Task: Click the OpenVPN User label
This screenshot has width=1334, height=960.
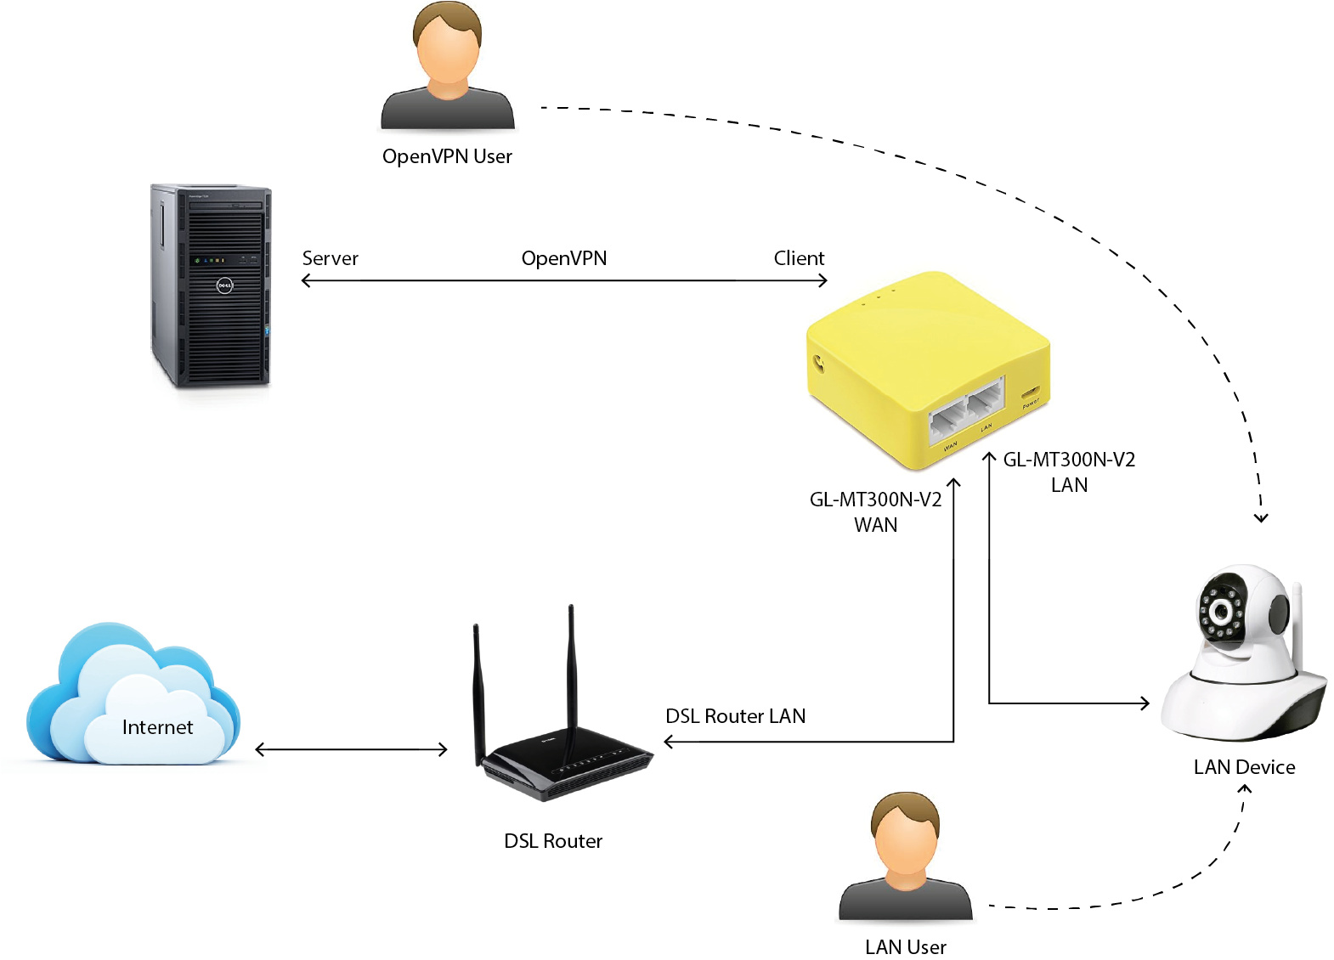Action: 447,156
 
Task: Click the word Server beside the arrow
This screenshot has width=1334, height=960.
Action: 330,258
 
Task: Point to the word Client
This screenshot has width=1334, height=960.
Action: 799,258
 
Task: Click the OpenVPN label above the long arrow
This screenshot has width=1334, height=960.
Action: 564,258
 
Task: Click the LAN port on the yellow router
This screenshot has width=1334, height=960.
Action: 986,400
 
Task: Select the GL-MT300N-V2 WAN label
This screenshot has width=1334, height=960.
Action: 875,511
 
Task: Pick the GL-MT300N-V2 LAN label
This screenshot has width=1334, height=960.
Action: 1069,472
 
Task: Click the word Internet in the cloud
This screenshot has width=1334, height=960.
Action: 157,727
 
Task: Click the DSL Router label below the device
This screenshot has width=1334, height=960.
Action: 553,841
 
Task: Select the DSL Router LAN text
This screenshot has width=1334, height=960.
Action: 735,716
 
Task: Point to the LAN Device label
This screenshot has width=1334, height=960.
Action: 1244,767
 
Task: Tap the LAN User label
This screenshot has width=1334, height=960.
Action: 905,946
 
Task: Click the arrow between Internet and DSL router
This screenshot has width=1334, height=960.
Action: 351,749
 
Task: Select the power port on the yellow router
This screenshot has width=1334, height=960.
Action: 1030,392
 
